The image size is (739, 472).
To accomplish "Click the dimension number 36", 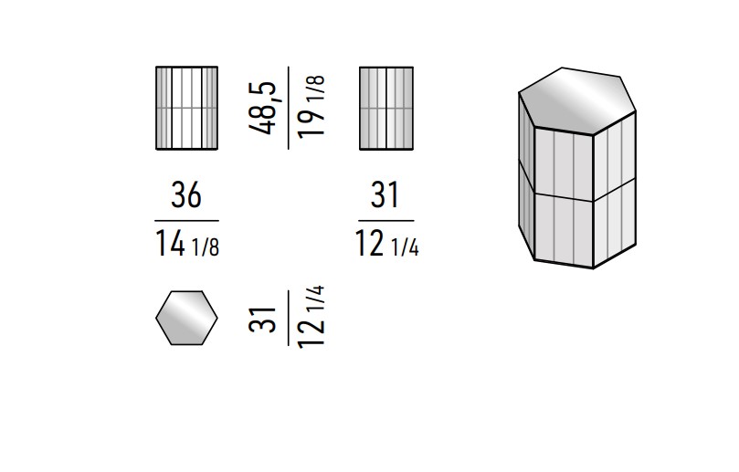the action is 186,195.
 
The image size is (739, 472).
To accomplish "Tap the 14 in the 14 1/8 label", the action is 170,244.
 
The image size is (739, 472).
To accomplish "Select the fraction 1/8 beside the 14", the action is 206,246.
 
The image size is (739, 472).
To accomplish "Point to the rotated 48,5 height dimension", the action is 262,109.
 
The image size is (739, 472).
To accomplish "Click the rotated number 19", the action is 311,121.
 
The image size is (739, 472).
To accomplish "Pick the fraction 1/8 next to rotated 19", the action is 315,87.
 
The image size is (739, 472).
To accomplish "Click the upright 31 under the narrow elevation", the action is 385,195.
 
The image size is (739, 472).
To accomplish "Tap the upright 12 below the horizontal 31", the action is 369,244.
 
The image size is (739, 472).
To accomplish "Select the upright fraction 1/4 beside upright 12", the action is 405,246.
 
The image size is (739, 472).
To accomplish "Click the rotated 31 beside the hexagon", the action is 262,320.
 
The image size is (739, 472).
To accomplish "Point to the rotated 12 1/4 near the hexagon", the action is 311,317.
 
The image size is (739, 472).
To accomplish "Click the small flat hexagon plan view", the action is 186,318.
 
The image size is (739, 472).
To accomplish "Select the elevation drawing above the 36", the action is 186,109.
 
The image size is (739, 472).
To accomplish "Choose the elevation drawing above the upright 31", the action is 386,109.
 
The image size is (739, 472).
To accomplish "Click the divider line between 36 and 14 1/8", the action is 186,220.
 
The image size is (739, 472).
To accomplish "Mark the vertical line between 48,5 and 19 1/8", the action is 289,109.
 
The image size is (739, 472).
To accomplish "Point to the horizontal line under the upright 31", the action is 386,220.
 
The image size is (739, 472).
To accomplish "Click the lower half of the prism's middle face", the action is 564,230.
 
